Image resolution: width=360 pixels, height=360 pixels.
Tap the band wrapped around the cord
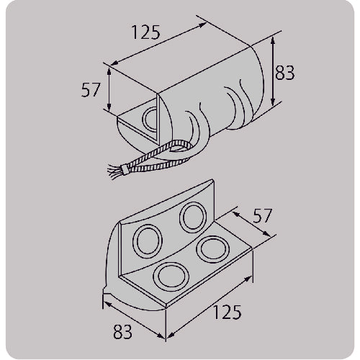125,170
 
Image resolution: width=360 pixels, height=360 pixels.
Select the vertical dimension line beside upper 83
274,72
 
